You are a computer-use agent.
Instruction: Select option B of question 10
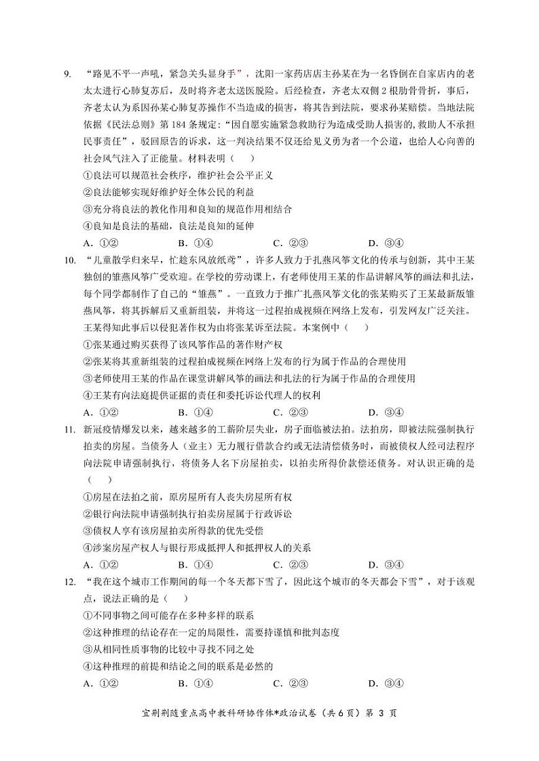(196, 412)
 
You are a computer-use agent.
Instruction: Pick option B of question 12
(196, 684)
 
